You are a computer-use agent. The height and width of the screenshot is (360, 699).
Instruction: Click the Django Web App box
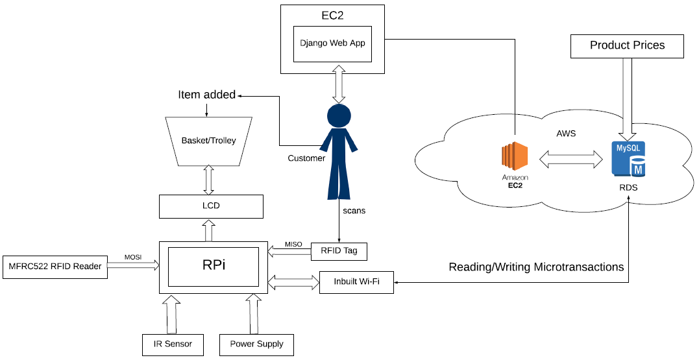(332, 43)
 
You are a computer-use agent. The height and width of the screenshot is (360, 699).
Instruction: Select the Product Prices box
(627, 46)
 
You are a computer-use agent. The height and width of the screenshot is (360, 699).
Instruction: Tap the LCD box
(211, 206)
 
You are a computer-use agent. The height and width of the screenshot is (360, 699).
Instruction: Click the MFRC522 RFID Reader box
(55, 265)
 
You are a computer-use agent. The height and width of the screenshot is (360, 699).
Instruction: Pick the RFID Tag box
(339, 250)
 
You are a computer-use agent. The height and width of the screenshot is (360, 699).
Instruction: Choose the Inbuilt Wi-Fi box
(356, 282)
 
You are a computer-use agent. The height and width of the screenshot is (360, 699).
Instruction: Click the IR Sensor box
(173, 344)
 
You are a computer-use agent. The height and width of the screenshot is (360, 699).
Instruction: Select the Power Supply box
(256, 344)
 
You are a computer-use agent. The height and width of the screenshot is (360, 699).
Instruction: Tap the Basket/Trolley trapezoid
(209, 141)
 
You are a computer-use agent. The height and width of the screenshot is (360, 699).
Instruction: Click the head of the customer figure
(338, 117)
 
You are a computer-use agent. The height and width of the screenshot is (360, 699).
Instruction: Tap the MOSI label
(133, 258)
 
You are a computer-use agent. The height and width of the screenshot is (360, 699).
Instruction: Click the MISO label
(293, 245)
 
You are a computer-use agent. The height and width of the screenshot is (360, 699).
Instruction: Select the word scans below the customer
(355, 211)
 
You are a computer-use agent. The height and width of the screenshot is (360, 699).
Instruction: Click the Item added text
(206, 95)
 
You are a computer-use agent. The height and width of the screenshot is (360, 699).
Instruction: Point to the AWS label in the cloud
(567, 133)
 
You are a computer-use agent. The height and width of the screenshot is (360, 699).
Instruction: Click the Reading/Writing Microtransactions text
(536, 267)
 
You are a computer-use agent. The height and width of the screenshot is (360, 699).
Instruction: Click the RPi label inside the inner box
(214, 265)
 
